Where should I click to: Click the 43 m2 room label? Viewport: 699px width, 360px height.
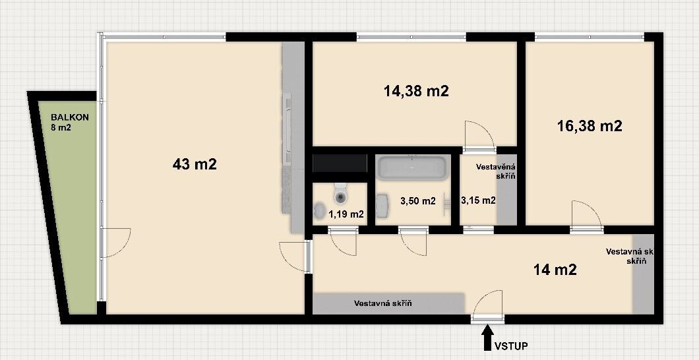click(x=195, y=164)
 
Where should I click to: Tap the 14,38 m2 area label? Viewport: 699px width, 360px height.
click(x=416, y=91)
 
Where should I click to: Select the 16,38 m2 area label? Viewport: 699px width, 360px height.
click(x=590, y=126)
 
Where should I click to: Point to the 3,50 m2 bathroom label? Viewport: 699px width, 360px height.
click(x=417, y=201)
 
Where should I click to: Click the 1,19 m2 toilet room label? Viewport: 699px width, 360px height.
click(x=346, y=214)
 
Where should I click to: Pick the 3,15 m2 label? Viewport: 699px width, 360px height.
click(x=478, y=200)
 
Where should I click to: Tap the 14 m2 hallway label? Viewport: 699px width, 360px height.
click(x=555, y=270)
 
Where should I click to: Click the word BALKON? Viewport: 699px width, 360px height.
click(x=69, y=117)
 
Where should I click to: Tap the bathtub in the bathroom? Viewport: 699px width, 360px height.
click(x=412, y=167)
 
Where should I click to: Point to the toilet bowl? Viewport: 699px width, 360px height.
click(x=341, y=193)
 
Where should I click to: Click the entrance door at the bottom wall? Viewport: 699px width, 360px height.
click(x=488, y=306)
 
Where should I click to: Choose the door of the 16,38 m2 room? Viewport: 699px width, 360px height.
click(x=587, y=216)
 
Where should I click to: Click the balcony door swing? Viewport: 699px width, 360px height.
click(x=116, y=243)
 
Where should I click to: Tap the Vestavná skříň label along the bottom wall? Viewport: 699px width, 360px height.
click(x=382, y=304)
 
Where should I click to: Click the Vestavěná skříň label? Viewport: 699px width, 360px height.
click(x=496, y=171)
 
